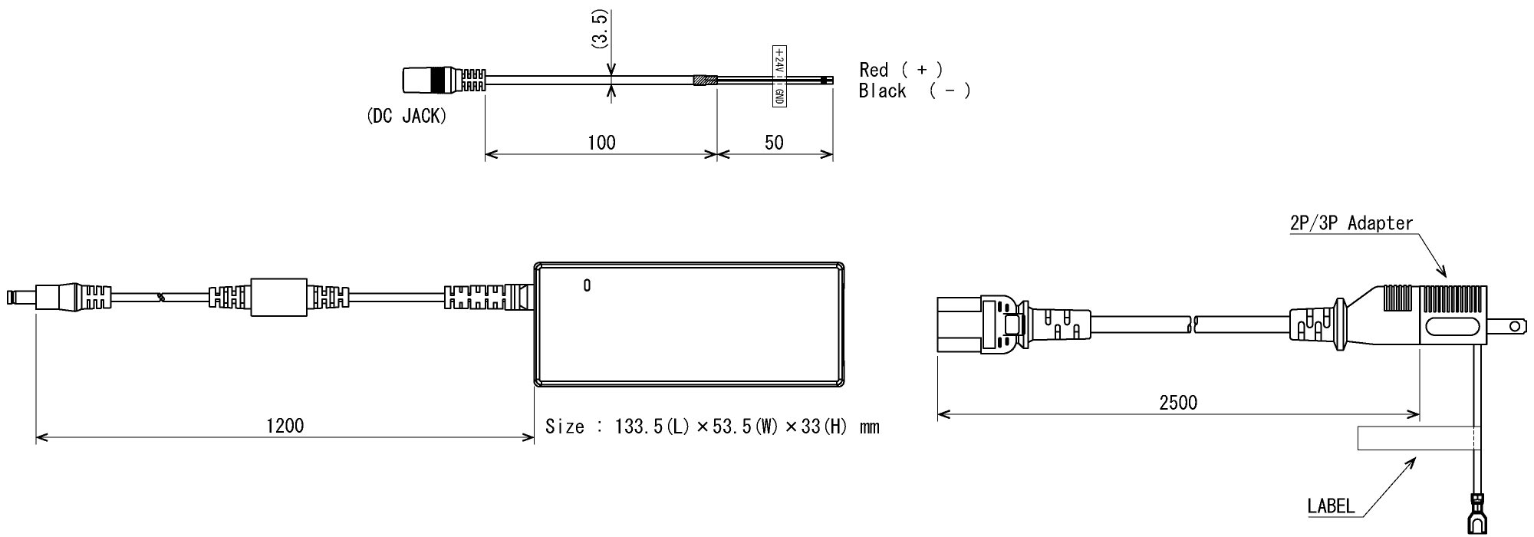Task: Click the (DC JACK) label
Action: coord(407,117)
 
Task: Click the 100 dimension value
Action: coord(601,143)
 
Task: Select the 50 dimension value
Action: coord(775,143)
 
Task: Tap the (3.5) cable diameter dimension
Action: coord(600,31)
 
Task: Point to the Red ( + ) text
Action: coord(900,70)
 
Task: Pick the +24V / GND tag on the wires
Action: coord(779,76)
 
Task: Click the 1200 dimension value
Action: coord(285,425)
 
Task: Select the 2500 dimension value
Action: coord(1178,403)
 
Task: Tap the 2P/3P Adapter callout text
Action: coord(1351,223)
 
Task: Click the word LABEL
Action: coord(1331,506)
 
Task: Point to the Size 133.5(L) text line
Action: coord(712,427)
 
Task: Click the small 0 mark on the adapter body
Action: coord(587,286)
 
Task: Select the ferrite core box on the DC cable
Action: coord(279,298)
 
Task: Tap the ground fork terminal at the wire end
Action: coord(1476,516)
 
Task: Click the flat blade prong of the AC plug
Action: coord(1506,327)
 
